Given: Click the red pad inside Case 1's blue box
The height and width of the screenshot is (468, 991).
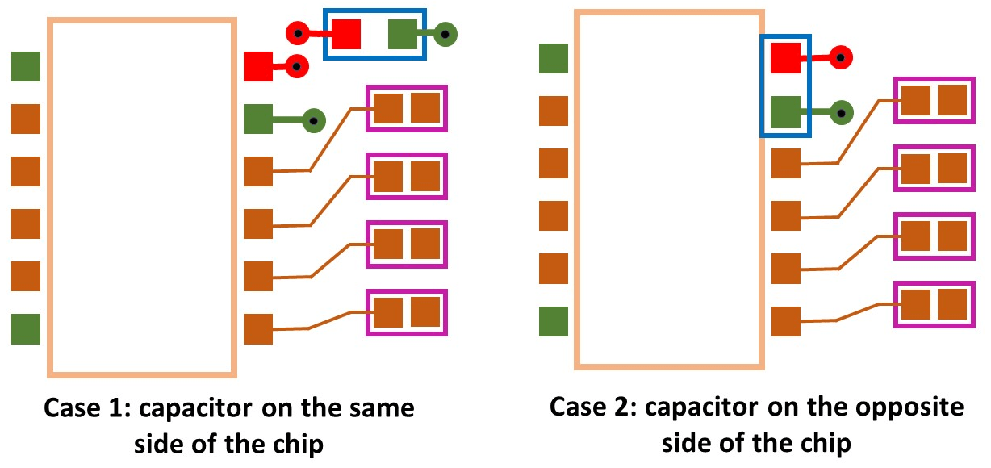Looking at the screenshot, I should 345,34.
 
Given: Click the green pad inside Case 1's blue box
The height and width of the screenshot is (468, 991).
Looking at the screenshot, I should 402,34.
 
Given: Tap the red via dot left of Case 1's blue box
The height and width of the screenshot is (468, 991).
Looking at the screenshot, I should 298,34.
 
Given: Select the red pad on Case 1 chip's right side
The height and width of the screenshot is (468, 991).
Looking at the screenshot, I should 258,66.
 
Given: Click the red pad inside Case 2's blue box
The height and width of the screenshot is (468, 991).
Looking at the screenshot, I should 785,58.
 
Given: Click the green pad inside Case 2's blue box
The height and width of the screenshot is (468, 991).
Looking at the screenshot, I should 785,112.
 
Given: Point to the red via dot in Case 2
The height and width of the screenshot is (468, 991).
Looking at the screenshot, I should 842,58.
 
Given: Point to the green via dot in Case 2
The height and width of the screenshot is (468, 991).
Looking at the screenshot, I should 842,113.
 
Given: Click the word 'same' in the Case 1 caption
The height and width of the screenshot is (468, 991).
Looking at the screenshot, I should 383,407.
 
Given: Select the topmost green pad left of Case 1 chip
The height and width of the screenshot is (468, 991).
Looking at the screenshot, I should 26,66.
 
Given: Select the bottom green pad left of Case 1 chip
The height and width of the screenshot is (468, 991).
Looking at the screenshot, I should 26,329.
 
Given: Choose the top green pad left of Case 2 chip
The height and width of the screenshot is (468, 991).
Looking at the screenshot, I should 554,58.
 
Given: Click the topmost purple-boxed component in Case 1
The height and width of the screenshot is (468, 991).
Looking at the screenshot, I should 406,108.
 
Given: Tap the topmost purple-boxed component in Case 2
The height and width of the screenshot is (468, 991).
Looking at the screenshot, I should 934,100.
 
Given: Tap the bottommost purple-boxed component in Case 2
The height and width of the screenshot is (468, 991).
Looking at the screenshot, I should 934,304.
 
